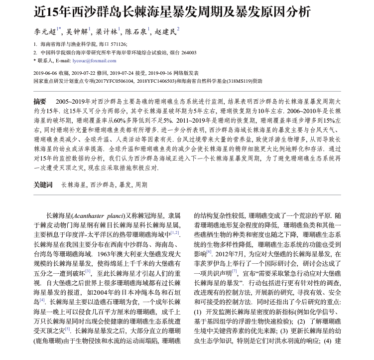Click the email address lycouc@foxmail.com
tap(94, 61)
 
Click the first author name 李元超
tap(45, 31)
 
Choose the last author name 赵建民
tap(165, 31)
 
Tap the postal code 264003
tap(187, 52)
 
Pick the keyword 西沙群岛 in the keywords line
tap(103, 185)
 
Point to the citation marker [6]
tap(209, 253)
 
